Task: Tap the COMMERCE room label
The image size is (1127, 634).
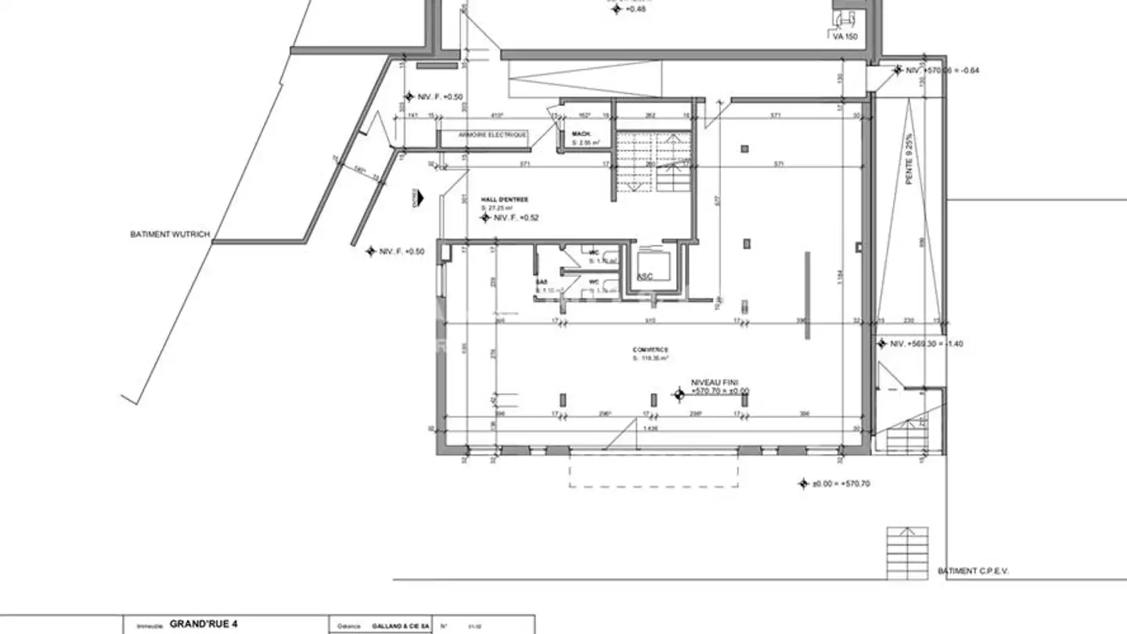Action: (650, 350)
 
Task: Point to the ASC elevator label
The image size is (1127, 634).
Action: (645, 276)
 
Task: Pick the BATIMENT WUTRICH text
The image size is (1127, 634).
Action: (170, 234)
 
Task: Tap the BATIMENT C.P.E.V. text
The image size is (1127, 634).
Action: (973, 571)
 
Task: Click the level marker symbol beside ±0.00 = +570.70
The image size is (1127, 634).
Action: (803, 484)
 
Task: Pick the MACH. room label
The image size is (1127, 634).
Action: (581, 134)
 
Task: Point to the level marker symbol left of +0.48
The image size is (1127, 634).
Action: (615, 9)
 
